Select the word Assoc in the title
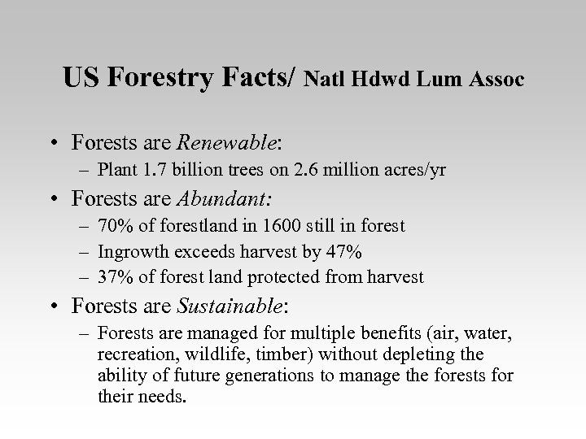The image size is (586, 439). (499, 80)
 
